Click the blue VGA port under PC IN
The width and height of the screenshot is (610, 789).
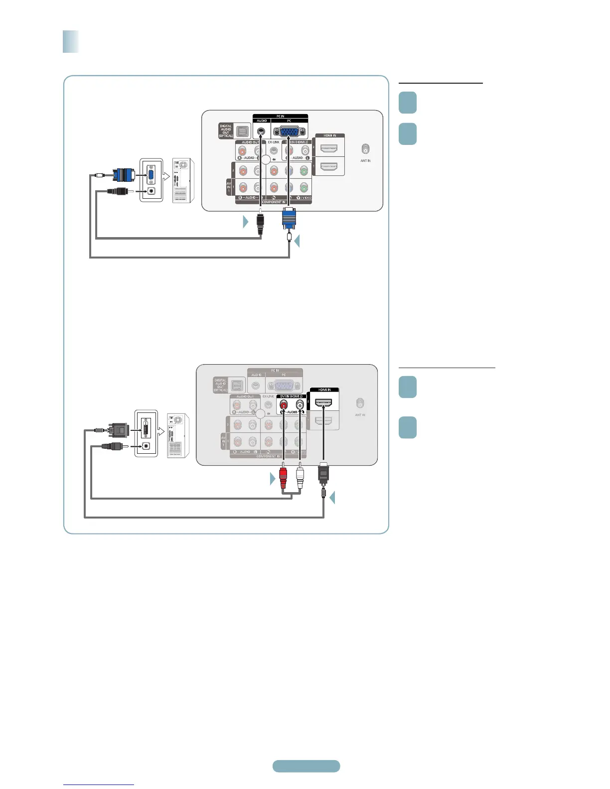click(x=289, y=131)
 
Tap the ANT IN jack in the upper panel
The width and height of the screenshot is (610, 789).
click(x=365, y=149)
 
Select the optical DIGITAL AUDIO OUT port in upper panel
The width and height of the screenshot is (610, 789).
click(x=243, y=131)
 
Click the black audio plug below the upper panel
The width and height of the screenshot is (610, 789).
click(x=260, y=224)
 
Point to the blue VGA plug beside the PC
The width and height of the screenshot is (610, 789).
click(x=124, y=175)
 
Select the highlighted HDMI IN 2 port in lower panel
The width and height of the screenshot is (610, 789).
click(x=324, y=402)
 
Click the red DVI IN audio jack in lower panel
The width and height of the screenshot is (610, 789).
click(x=284, y=405)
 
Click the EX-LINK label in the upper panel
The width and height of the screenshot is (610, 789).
click(x=274, y=142)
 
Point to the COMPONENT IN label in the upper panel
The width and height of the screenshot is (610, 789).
click(x=274, y=202)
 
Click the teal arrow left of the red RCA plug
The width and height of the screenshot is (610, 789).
click(x=273, y=479)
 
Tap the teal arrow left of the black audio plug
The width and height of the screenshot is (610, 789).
click(x=245, y=222)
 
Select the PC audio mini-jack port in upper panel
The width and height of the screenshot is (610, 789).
click(x=261, y=131)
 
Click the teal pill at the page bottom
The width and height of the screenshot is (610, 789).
click(x=306, y=766)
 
